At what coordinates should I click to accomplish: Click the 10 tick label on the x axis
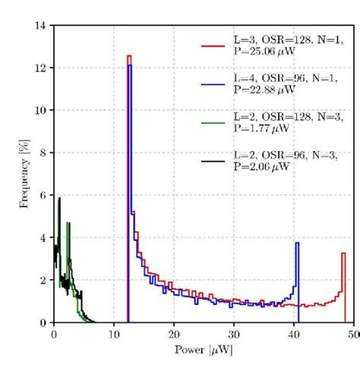click(114, 333)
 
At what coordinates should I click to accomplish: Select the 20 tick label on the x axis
click(175, 333)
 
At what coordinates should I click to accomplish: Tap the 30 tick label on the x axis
click(235, 333)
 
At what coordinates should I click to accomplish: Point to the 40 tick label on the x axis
click(295, 333)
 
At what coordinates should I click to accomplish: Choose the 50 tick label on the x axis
click(355, 333)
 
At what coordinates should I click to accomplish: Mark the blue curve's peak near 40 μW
click(297, 243)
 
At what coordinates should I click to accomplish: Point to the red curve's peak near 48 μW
click(343, 253)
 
